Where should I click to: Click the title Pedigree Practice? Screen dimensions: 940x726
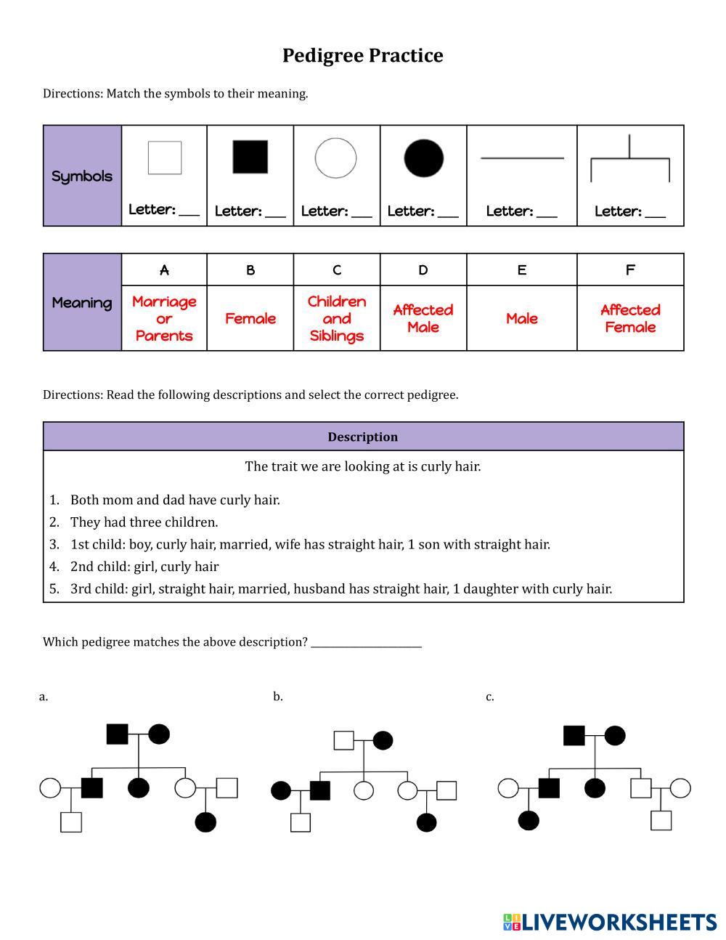[362, 56]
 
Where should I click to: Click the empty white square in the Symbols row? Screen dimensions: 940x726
[165, 158]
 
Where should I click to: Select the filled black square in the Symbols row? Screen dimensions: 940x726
[250, 157]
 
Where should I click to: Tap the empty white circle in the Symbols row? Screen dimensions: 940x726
[335, 158]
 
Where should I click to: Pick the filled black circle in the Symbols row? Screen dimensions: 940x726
[423, 158]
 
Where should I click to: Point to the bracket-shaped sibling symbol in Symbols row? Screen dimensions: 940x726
[629, 160]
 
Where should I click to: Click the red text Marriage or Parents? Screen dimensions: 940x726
[164, 318]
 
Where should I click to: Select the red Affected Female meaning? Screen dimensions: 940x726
[629, 318]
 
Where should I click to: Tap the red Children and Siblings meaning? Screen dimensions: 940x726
[336, 318]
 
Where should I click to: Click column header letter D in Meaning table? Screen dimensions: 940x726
[423, 270]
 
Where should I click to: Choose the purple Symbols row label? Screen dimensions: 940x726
[82, 176]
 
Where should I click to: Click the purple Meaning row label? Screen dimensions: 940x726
[82, 303]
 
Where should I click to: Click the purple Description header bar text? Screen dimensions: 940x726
[362, 437]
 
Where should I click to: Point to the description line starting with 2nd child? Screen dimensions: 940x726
[144, 567]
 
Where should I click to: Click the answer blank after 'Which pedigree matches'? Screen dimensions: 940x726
[366, 642]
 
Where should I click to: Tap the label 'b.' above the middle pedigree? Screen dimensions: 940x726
[278, 697]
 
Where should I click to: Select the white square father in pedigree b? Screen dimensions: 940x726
[343, 740]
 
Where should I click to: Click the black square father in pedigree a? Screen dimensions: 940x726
[117, 734]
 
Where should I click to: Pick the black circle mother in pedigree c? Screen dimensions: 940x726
[614, 735]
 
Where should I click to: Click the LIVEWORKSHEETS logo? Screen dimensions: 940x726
[610, 922]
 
